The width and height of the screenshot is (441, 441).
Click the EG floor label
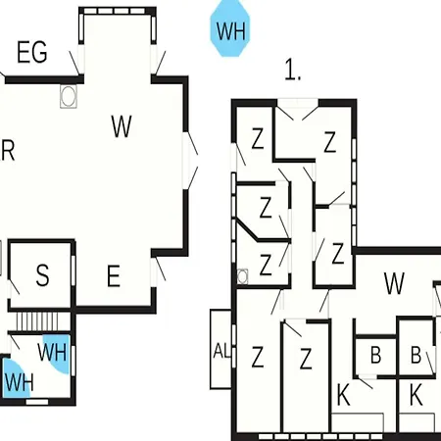[32, 52]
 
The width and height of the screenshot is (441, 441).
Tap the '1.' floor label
[293, 70]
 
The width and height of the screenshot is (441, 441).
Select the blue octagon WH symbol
[230, 28]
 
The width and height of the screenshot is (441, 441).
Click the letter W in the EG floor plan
[122, 126]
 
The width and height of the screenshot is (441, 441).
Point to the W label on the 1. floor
[394, 283]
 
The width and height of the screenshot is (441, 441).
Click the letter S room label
[42, 275]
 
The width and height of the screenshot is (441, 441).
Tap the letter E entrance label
[114, 276]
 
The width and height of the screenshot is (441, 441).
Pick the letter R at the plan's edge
[8, 150]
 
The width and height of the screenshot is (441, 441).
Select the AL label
[222, 351]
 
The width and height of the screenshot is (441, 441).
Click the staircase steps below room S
[37, 321]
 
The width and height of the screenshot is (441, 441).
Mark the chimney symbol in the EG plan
[69, 96]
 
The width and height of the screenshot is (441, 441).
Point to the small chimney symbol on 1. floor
[242, 276]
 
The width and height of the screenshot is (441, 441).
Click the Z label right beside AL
[258, 357]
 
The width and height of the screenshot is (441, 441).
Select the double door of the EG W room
[191, 161]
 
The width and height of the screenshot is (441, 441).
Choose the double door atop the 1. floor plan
[297, 110]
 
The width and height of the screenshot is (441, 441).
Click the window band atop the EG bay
[118, 11]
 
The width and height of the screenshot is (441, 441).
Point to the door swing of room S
[14, 286]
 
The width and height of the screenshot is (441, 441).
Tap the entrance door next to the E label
[158, 269]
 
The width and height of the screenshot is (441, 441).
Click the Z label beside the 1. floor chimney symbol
[265, 265]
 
